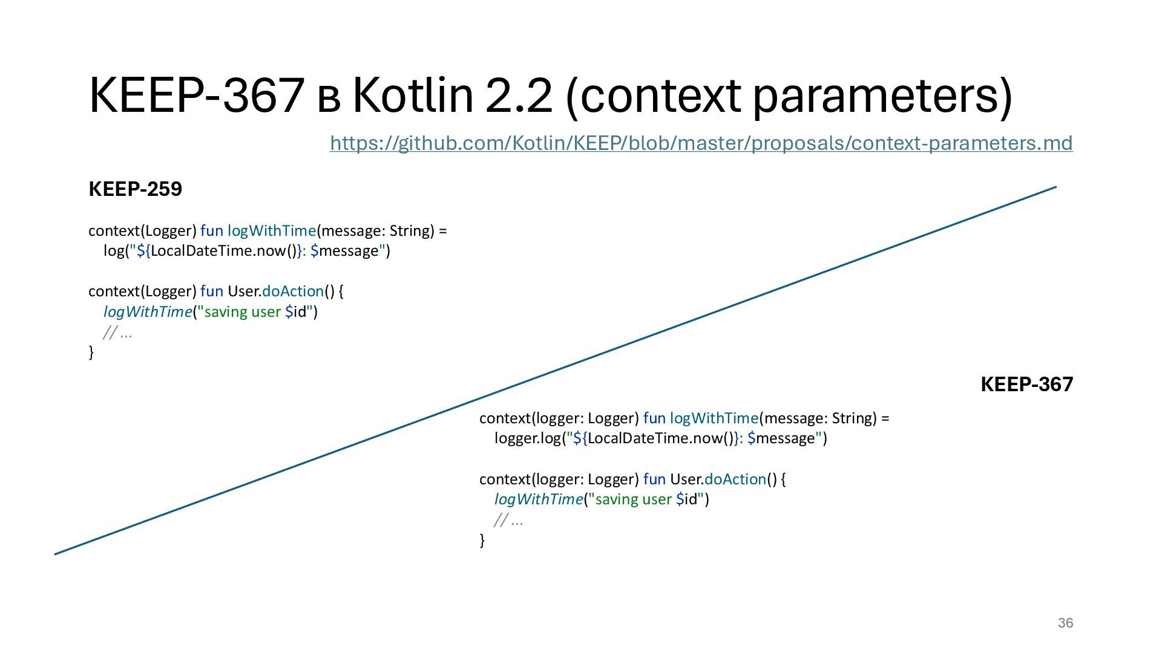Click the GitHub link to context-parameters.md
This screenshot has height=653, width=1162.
tap(701, 143)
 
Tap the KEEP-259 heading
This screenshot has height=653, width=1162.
tap(135, 189)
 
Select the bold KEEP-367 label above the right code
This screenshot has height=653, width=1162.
tap(1026, 385)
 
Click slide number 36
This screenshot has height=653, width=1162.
tap(1065, 623)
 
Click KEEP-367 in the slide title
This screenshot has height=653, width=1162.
tap(197, 96)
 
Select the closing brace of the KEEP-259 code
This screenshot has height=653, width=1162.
tap(91, 352)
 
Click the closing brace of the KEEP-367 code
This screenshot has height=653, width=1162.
tap(482, 540)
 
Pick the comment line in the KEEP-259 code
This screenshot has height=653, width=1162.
tap(117, 333)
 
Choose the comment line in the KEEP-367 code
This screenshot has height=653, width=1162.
tap(508, 520)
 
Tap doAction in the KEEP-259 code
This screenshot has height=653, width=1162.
tap(293, 291)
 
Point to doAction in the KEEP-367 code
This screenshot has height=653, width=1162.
tap(735, 479)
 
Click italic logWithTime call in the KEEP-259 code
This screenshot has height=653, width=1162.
tap(148, 312)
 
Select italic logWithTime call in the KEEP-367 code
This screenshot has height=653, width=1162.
tap(539, 499)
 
